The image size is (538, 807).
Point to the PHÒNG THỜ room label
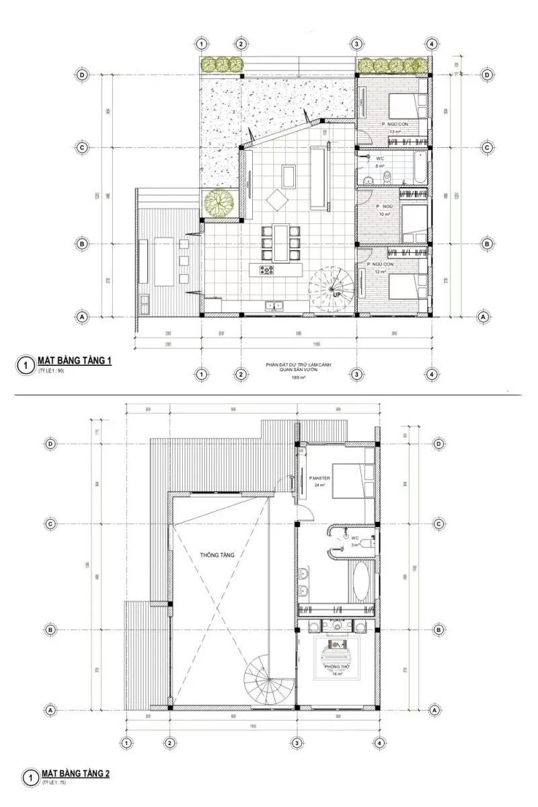tap(334, 666)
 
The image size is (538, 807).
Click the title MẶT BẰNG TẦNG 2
tap(75, 774)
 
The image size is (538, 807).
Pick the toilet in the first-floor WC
tap(386, 177)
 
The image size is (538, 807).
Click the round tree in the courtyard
tap(217, 202)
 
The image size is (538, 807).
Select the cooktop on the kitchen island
tap(267, 270)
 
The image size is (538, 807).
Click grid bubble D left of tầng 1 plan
tap(82, 75)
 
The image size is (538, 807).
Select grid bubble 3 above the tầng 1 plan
tap(356, 44)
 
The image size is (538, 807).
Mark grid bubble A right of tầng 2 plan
tap(434, 709)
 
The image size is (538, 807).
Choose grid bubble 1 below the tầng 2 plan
tap(126, 742)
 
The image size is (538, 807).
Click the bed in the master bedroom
tap(354, 479)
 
